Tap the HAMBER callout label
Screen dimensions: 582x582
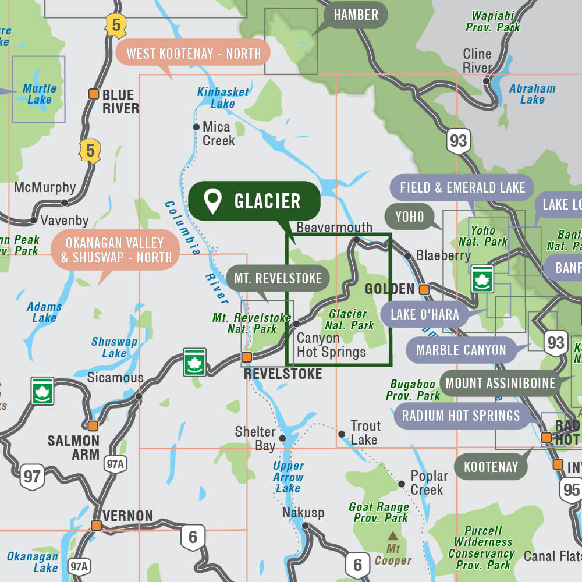[356, 15]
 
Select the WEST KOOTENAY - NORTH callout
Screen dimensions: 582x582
[193, 54]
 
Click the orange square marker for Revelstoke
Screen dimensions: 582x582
[247, 357]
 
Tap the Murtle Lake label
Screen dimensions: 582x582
[40, 94]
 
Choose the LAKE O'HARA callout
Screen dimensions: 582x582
[424, 315]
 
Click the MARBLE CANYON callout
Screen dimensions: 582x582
[461, 350]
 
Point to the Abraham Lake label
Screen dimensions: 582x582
[532, 94]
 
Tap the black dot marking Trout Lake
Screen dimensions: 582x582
[342, 434]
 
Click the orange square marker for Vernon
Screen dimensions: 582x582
[97, 526]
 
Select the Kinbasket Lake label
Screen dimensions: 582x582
[222, 98]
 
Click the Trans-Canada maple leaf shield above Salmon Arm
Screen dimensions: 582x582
[42, 391]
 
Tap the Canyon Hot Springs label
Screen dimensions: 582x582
[331, 345]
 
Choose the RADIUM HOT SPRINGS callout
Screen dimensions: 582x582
[460, 416]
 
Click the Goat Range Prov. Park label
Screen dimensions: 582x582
[379, 512]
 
